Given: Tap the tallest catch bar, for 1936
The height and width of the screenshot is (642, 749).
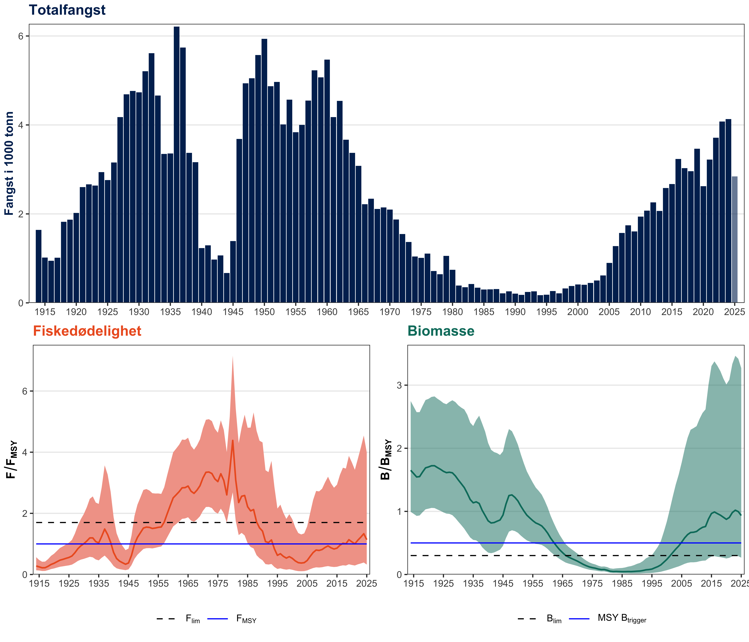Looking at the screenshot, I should (x=176, y=164).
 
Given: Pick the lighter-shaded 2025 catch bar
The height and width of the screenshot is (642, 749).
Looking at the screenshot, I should (x=734, y=239).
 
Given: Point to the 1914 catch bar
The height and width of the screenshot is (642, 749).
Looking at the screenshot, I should (x=38, y=266).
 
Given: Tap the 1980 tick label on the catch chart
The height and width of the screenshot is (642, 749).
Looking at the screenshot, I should (x=453, y=312).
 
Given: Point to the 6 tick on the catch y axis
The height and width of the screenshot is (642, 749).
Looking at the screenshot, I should (x=21, y=36).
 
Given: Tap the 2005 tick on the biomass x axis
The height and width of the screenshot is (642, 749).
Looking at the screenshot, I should (x=681, y=583).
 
